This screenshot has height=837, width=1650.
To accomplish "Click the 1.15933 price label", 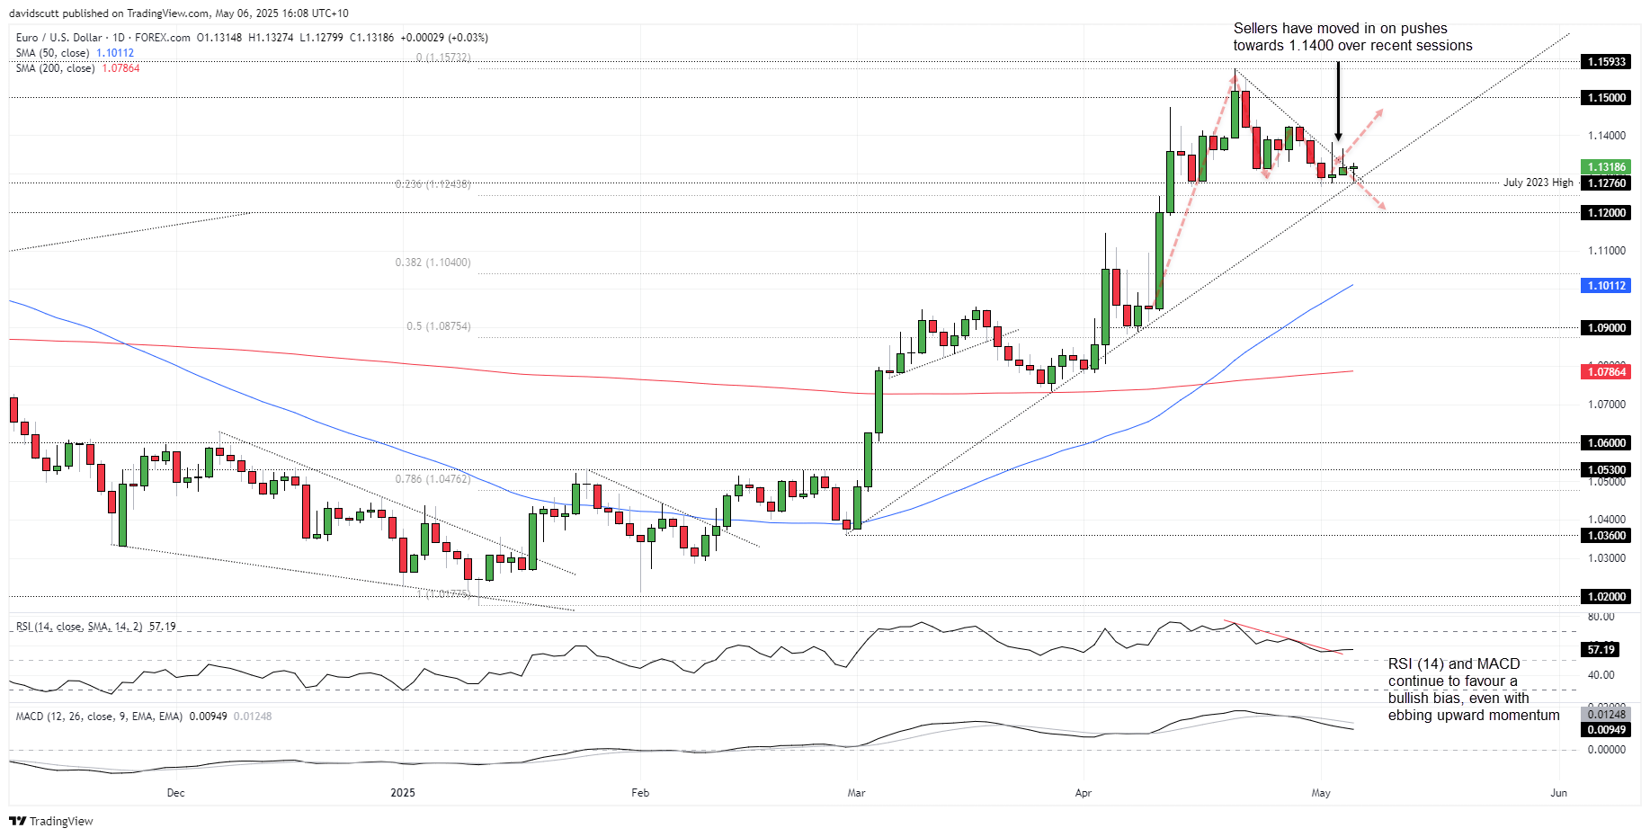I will [1606, 62].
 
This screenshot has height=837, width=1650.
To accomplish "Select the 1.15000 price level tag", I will [1606, 97].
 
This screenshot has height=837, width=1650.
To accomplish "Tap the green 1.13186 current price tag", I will [1606, 167].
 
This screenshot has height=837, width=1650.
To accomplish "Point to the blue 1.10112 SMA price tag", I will [1606, 286].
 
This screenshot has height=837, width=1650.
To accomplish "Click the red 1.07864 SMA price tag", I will [1606, 371].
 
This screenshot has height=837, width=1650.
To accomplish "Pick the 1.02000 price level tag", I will [1606, 596].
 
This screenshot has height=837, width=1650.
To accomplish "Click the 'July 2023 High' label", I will [1538, 183].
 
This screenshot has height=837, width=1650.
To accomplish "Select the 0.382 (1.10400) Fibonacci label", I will [433, 263].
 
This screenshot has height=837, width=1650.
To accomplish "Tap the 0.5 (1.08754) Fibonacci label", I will [438, 326].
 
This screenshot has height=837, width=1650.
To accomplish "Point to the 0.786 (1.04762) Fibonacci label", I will [433, 479].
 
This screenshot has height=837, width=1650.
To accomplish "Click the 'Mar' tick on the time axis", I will [856, 793].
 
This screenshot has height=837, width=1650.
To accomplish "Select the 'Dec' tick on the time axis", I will [175, 793].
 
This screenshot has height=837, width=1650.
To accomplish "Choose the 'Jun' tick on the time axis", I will [1558, 793].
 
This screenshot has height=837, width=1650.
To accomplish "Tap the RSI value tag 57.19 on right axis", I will [1601, 649].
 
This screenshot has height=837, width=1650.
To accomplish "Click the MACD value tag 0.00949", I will [1606, 729].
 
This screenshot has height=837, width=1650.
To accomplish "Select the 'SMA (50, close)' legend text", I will [52, 53].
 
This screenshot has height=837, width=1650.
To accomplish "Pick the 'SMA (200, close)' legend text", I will [55, 68].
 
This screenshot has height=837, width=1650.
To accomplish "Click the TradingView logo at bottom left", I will [51, 821].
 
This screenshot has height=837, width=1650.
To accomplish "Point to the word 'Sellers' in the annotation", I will [1255, 29].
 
